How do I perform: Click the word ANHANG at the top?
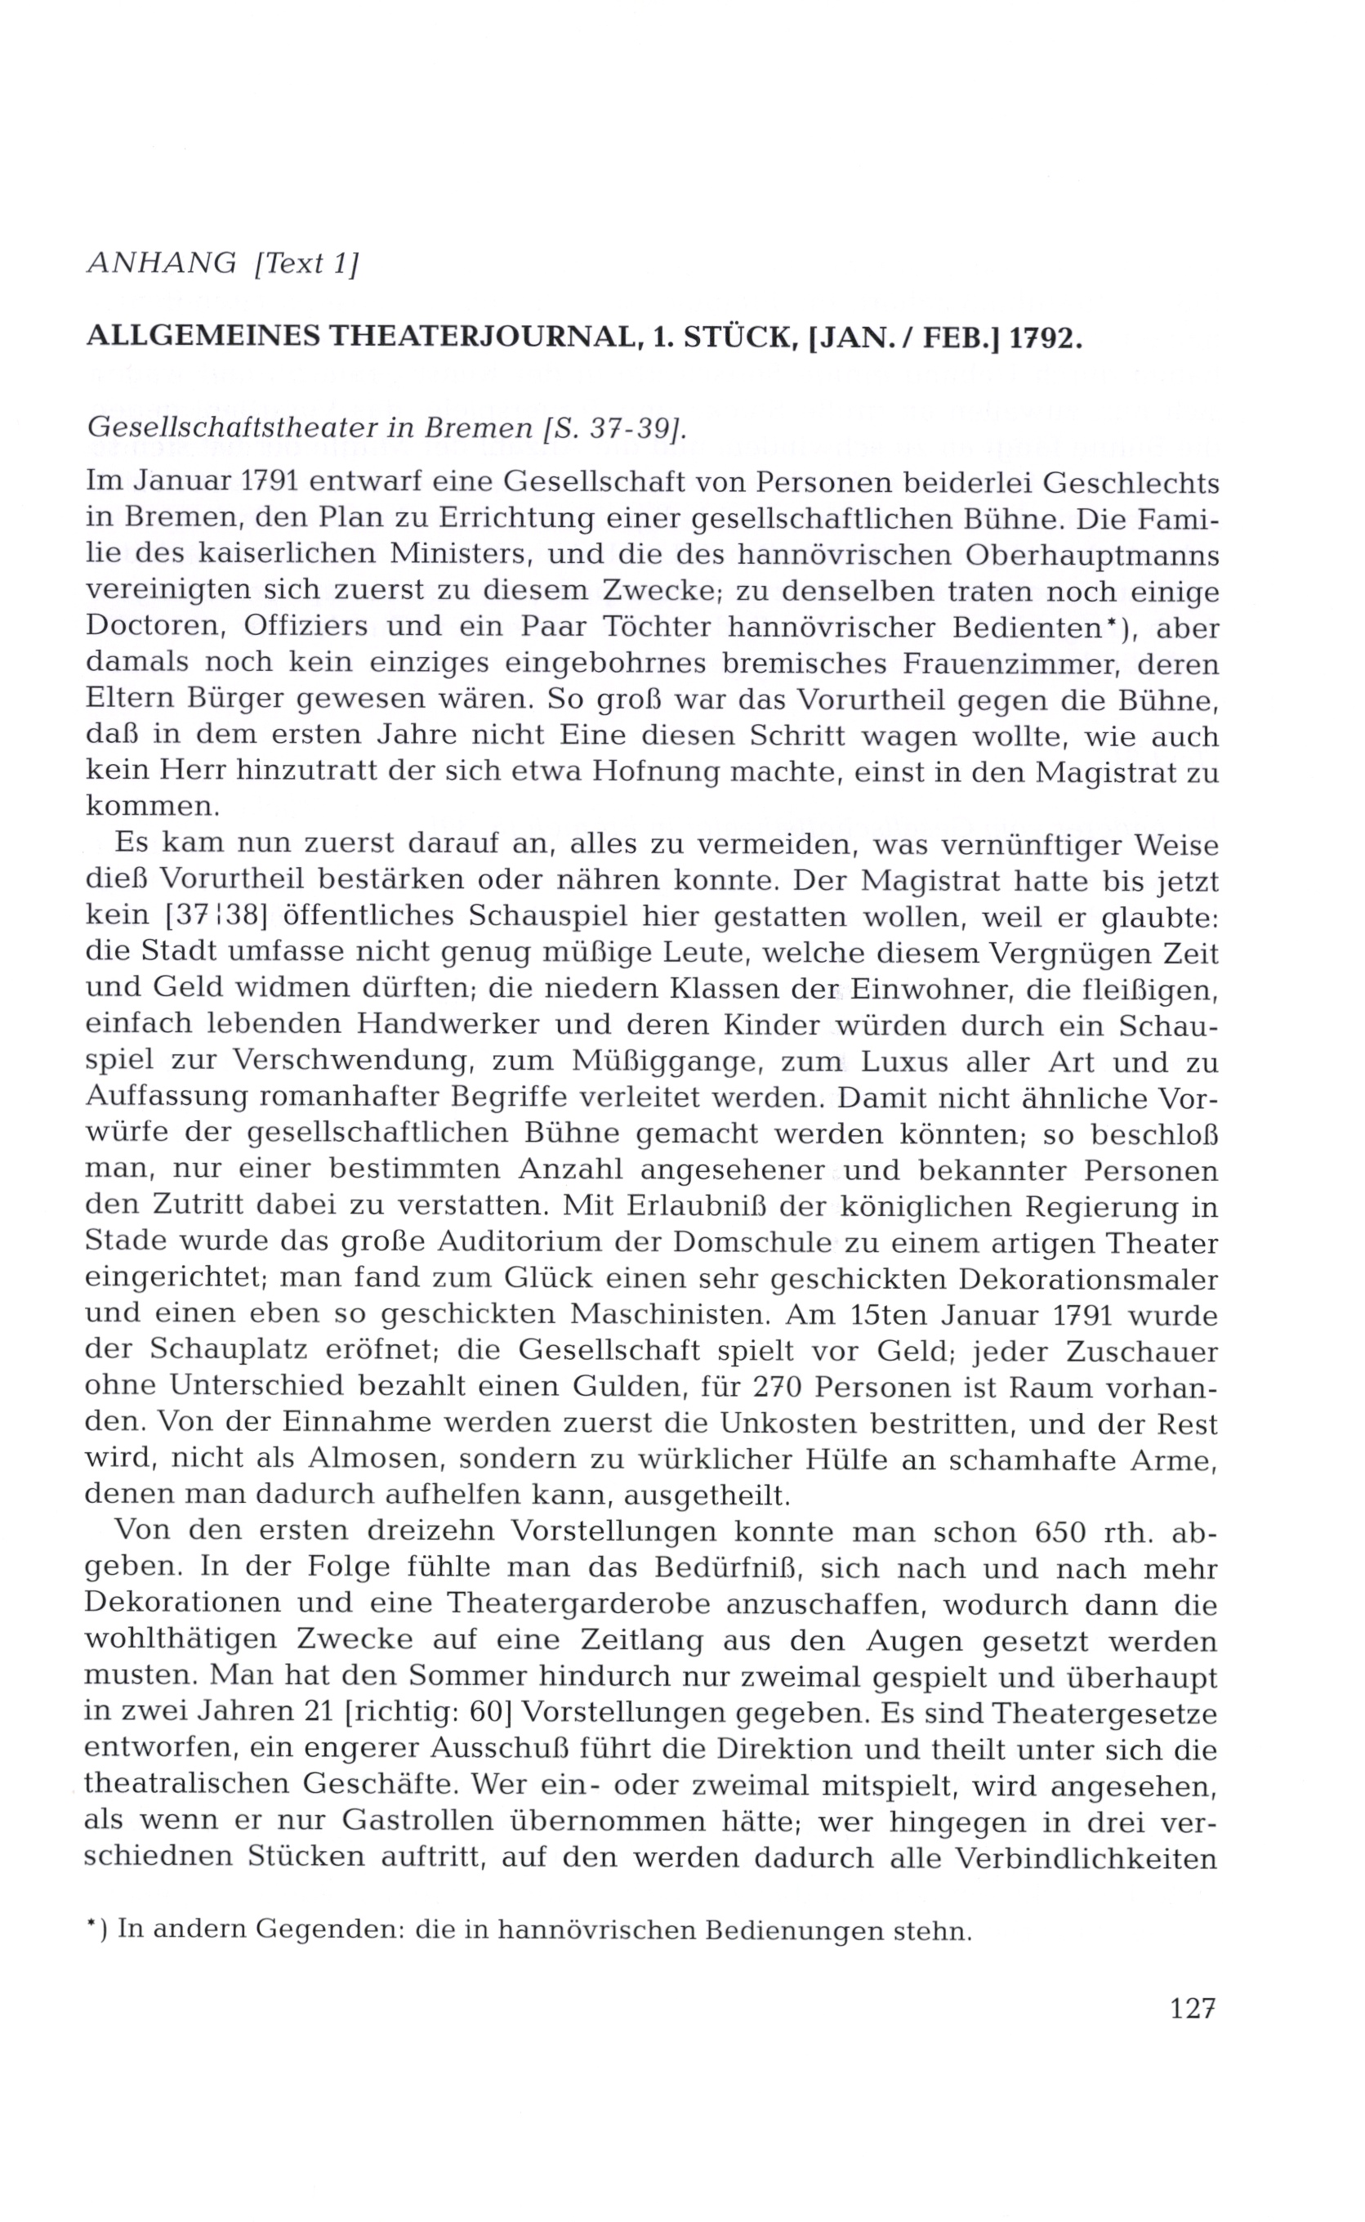(x=162, y=263)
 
